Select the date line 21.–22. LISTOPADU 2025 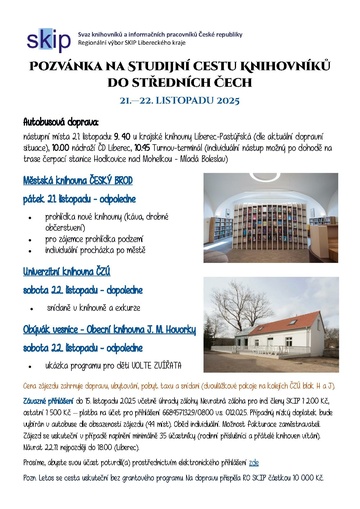(x=180, y=102)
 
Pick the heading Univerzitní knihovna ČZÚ (x=76, y=270)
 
